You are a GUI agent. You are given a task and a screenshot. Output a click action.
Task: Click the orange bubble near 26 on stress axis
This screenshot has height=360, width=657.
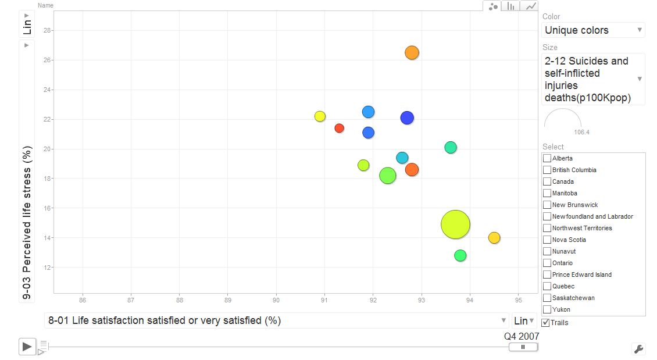412,53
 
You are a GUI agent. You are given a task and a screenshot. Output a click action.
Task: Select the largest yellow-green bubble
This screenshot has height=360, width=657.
455,224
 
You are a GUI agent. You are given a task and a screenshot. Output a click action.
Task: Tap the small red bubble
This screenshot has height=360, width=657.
340,129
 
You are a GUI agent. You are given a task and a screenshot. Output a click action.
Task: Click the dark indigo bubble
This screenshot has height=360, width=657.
407,117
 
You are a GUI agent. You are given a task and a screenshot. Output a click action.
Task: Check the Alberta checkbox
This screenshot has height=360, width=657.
547,158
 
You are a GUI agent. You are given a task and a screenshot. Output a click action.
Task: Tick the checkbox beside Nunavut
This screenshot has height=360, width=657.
547,251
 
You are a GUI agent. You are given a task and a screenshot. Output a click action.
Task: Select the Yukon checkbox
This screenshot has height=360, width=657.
547,310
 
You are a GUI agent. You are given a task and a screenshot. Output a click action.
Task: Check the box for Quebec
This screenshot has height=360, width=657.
547,286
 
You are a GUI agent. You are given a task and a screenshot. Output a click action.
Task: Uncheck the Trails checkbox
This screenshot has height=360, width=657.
545,323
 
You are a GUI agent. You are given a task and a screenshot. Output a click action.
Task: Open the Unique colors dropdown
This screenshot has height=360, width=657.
593,30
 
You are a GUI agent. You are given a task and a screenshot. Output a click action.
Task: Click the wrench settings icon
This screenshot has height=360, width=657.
638,349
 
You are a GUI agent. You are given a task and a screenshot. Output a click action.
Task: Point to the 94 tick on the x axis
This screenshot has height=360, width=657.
470,300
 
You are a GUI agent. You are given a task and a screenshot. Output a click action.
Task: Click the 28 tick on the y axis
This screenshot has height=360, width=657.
47,30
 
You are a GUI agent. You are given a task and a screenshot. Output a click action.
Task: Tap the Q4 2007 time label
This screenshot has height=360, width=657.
522,336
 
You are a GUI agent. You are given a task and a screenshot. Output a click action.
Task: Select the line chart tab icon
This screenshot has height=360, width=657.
530,6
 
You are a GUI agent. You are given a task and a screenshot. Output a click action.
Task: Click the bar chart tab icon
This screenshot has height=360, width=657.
510,6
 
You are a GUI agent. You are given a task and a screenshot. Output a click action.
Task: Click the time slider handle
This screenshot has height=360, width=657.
523,347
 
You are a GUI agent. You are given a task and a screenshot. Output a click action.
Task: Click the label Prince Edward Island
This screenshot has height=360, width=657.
581,275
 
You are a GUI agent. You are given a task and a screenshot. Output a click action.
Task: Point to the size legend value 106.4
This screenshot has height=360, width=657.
581,132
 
